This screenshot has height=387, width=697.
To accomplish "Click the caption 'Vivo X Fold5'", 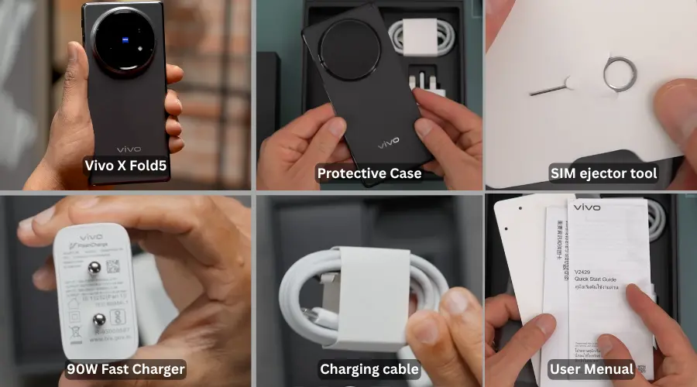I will pos(125,165).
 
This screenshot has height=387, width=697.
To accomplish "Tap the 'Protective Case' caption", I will pos(369,173).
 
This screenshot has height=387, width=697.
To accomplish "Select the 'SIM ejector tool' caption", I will pos(603,173).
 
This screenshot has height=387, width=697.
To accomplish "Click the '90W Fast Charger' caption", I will pos(125,368).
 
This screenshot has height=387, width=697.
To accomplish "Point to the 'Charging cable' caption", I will pos(369,369).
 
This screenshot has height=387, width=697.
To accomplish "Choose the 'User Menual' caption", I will pos(592,369).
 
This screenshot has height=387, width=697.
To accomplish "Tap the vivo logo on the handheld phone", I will pos(129,148).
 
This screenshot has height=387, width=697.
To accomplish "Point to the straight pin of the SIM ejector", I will pos(549,87).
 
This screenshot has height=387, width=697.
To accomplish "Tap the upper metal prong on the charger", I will pos(94,268).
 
